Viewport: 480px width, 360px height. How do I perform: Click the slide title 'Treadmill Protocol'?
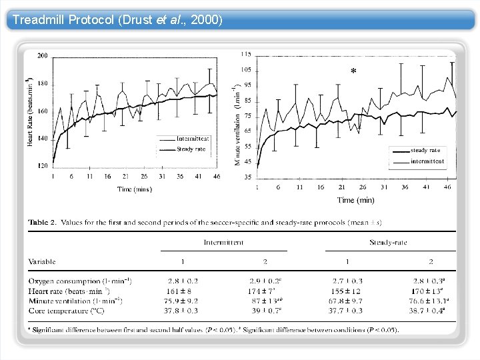64,19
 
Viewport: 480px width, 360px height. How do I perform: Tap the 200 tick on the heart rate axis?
42,55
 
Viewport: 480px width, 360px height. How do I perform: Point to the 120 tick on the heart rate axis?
42,165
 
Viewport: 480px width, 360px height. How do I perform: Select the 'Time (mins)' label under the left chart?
134,189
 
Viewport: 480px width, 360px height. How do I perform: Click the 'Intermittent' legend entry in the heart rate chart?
193,139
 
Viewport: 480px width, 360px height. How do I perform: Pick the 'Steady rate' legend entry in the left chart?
191,149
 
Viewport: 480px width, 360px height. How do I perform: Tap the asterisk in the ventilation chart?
353,71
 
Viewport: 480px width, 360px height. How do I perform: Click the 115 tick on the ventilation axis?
246,54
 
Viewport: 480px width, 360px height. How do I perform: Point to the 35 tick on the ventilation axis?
247,177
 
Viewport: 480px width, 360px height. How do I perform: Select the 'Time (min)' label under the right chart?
355,200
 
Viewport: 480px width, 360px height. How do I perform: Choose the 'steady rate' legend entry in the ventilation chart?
425,151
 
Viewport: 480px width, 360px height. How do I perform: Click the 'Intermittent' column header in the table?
223,243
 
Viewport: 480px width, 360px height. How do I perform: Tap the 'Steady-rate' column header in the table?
388,243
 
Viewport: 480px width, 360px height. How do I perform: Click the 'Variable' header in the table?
42,261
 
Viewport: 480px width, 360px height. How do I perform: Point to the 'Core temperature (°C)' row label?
67,311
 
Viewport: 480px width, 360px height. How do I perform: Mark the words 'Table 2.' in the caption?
42,222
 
